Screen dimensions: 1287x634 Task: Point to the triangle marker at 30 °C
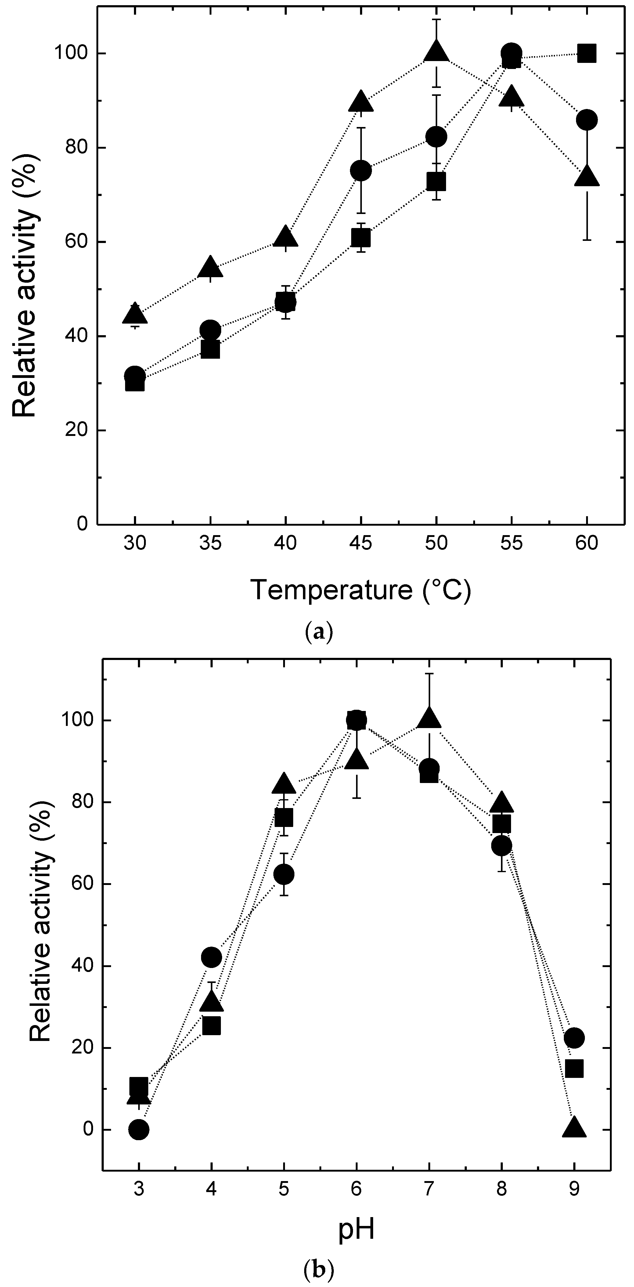pyautogui.click(x=135, y=314)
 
